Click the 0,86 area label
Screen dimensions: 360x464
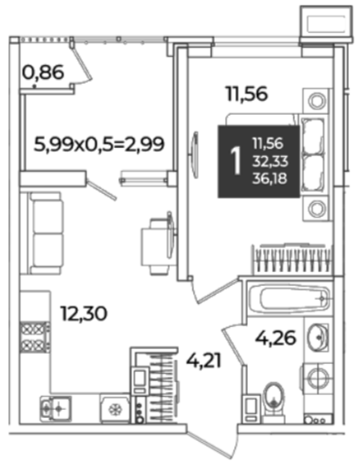[x=43, y=73]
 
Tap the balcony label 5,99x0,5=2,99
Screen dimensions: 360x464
[x=99, y=144]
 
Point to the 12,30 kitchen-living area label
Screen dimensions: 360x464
[x=84, y=313]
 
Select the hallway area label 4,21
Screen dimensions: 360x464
[x=204, y=361]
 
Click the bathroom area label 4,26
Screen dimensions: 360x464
[x=276, y=337]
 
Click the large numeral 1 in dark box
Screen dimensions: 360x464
[x=236, y=161]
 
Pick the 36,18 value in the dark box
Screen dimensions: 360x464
[x=270, y=178]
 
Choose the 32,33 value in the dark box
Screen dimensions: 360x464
[x=270, y=161]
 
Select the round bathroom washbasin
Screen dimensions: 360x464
[x=318, y=337]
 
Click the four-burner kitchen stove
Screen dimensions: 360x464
[x=35, y=337]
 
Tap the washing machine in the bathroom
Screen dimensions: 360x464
[x=317, y=378]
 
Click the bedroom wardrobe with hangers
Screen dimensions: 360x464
[x=292, y=260]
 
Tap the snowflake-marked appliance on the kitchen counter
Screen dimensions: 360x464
[x=115, y=409]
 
